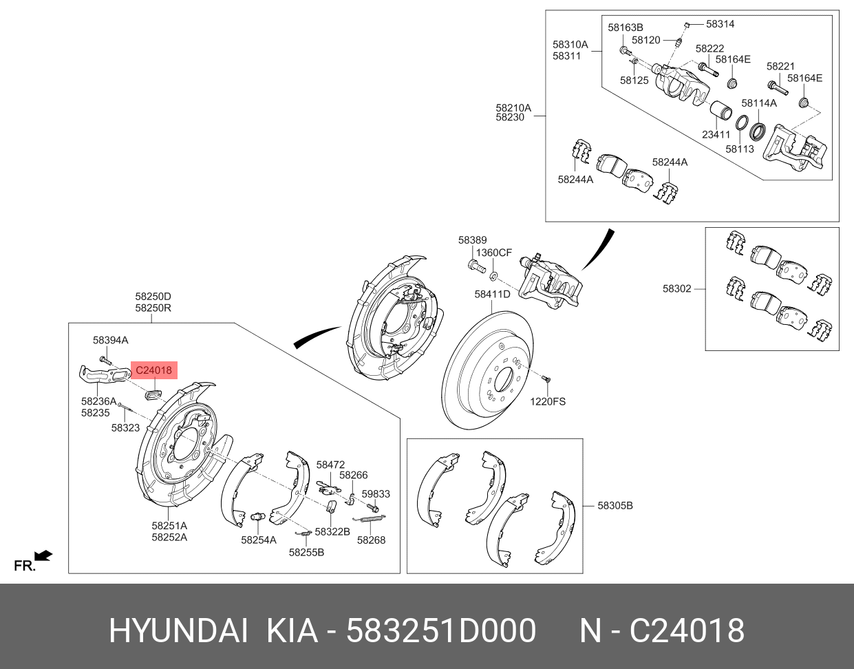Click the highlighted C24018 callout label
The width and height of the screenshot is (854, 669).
coord(153,370)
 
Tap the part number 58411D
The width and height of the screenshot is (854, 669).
coord(492,294)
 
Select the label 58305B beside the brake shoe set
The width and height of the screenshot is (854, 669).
coord(615,505)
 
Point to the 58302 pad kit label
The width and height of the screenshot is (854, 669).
coord(676,288)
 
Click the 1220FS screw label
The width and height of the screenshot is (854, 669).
coord(548,402)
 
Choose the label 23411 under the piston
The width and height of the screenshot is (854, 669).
coord(716,134)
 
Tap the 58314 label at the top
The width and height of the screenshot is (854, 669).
coord(720,24)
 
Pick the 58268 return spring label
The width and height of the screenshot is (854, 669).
coord(372,540)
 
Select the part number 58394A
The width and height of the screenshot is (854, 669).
coord(110,340)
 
